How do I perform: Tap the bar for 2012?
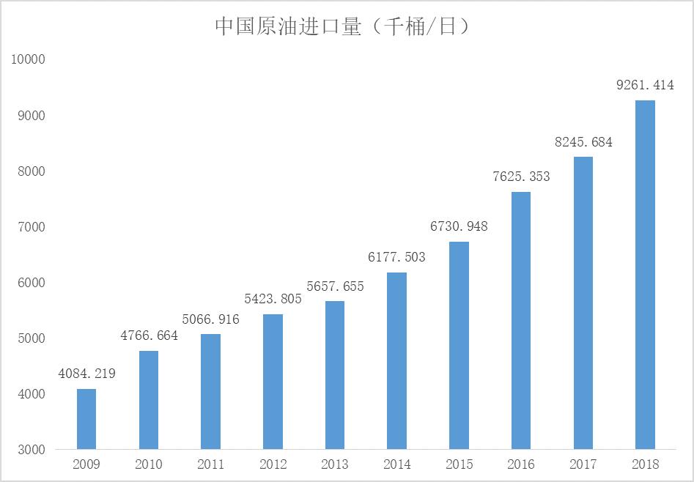pos(273,381)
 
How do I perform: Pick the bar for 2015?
pos(459,345)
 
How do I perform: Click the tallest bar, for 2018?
pos(645,275)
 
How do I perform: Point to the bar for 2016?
pos(521,320)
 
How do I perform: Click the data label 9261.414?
pos(645,85)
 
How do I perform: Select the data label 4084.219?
pos(86,374)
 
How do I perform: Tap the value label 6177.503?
pos(396,257)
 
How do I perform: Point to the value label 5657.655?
pos(335,286)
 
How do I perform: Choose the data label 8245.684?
pos(583,142)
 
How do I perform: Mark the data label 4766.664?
pos(149,335)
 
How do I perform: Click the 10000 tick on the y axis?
pos(29,59)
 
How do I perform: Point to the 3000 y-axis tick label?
pos(32,449)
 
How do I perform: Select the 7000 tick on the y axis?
pos(32,226)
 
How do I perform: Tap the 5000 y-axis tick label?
pos(32,338)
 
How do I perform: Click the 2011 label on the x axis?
pos(210,464)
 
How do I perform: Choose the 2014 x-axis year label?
pos(396,464)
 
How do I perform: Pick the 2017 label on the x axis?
pos(583,464)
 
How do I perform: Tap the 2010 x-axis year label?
pos(149,464)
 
